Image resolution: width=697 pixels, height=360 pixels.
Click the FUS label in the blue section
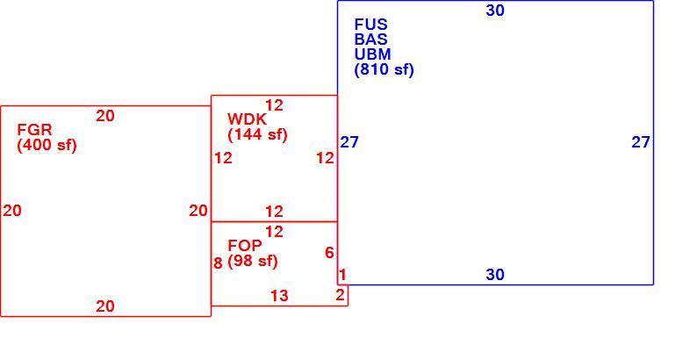pos(370,25)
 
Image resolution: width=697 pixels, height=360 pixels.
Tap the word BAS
pos(370,40)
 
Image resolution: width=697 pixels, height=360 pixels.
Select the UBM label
pos(372,54)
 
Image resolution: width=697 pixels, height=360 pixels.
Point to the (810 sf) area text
pos(384,69)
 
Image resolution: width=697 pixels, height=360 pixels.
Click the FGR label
pos(34,130)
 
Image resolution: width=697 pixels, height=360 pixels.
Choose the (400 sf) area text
pos(47,146)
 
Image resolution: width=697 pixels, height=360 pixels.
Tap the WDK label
pos(248,119)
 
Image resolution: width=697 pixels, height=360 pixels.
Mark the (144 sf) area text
pos(258,134)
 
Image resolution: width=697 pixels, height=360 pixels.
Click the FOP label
pos(245,245)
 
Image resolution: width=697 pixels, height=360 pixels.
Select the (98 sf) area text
pos(253,261)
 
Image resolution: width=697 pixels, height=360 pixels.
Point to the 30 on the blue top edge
pos(495,11)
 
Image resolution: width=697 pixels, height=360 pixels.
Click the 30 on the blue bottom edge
pos(495,275)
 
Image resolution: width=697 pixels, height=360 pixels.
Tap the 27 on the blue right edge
pos(641,142)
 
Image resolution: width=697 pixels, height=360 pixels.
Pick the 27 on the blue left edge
pos(349,142)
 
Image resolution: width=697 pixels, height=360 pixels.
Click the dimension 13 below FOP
pos(280,296)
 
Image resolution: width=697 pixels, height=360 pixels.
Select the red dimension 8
pos(218,263)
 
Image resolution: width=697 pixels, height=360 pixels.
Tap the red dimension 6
pos(329,253)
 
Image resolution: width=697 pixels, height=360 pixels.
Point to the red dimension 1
pos(342,275)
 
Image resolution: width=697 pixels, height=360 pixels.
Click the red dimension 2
pos(341,295)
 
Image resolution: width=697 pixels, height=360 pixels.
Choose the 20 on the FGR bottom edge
pos(105,306)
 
